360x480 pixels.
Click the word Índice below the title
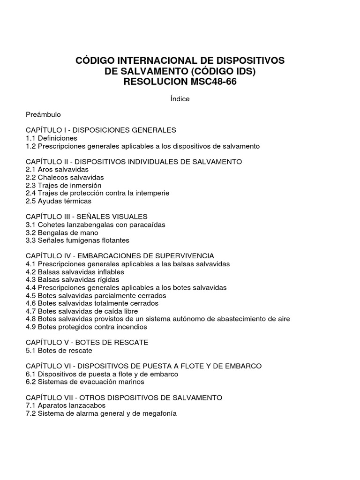click(x=180, y=99)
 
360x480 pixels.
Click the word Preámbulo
click(x=44, y=114)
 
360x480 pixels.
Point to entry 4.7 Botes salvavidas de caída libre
click(x=88, y=311)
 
